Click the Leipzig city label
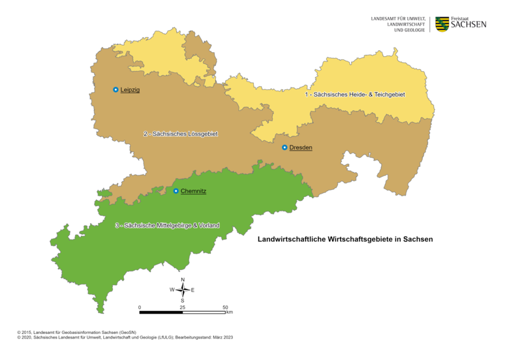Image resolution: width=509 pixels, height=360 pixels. pos(131,89)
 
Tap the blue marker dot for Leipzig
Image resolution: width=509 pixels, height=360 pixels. pos(116,89)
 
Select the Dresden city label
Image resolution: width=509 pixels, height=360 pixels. pos(301,147)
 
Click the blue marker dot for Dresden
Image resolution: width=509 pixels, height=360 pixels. pos(285,147)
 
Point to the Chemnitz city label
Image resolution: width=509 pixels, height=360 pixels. pos(194,191)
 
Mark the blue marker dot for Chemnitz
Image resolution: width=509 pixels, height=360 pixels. pos(176,191)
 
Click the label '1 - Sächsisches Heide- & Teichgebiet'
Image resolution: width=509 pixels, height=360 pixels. pos(355,95)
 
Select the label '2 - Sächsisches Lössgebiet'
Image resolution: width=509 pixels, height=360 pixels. pos(181,134)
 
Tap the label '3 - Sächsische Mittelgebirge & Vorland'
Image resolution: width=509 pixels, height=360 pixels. pos(167,225)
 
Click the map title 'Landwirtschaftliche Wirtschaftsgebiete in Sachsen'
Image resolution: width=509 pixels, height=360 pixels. pos(345,239)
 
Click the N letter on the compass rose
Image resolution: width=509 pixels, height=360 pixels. pos(183,280)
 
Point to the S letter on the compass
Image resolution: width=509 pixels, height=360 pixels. pos(183,300)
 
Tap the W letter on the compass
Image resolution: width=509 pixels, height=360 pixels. pos(172,290)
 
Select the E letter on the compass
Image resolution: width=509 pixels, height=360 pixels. pos(193,290)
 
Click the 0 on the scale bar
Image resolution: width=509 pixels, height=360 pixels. pos(140,307)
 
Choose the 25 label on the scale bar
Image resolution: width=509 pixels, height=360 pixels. pos(182,307)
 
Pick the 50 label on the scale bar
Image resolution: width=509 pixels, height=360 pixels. pos(225,307)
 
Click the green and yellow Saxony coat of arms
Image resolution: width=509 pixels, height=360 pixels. pos(442,24)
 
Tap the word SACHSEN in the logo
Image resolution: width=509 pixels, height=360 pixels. pos(469,25)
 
